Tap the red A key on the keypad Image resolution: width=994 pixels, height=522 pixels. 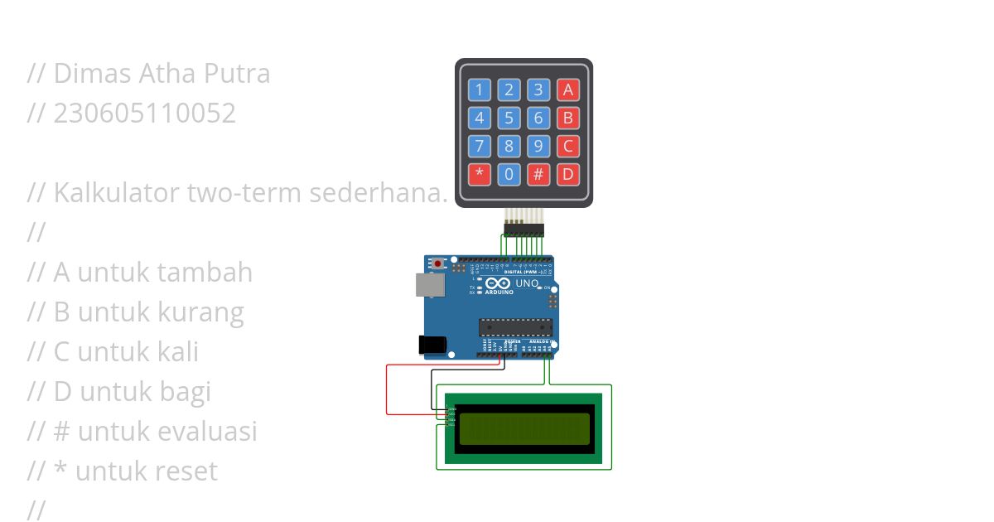(x=567, y=89)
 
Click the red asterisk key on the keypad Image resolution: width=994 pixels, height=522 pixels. (x=479, y=175)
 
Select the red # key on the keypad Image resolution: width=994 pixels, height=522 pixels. (x=538, y=175)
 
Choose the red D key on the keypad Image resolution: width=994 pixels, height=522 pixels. (x=567, y=175)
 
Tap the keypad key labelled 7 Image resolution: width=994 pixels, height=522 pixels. (x=479, y=147)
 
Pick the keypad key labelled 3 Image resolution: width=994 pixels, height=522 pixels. (x=538, y=89)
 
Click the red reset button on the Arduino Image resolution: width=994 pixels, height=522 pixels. (x=438, y=263)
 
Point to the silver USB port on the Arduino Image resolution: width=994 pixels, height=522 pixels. (x=430, y=284)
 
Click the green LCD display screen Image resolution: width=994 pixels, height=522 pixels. (x=524, y=428)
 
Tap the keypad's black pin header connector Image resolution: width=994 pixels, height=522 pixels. (x=524, y=228)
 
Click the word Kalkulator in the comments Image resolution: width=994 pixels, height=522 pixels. (x=117, y=193)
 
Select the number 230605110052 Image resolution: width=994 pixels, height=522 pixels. (x=144, y=114)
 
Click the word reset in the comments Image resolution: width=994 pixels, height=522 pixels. (x=187, y=471)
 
